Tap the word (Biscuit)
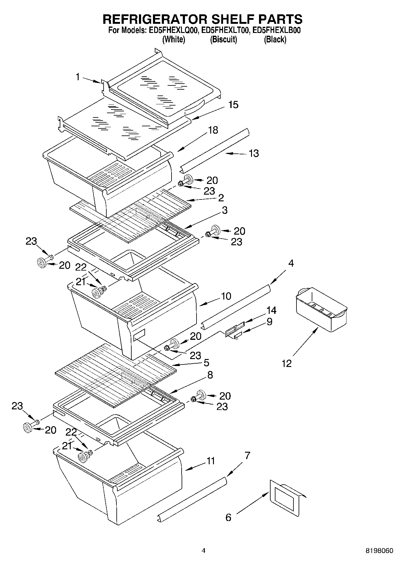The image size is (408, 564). pyautogui.click(x=223, y=39)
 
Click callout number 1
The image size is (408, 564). pyautogui.click(x=78, y=77)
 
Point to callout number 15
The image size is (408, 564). pyautogui.click(x=233, y=105)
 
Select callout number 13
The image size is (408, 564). pyautogui.click(x=254, y=153)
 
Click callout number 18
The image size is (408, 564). pyautogui.click(x=213, y=130)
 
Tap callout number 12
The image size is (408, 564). pyautogui.click(x=287, y=363)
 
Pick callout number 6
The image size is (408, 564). pyautogui.click(x=228, y=517)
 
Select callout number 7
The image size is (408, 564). pyautogui.click(x=247, y=456)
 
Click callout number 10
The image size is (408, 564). pyautogui.click(x=226, y=296)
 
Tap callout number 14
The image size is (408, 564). pyautogui.click(x=271, y=310)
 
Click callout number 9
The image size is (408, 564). pyautogui.click(x=269, y=322)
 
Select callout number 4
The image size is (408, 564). pyautogui.click(x=291, y=263)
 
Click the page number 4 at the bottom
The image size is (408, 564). pyautogui.click(x=204, y=551)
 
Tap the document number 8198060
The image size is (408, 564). pyautogui.click(x=379, y=551)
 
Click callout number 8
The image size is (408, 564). pyautogui.click(x=210, y=375)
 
